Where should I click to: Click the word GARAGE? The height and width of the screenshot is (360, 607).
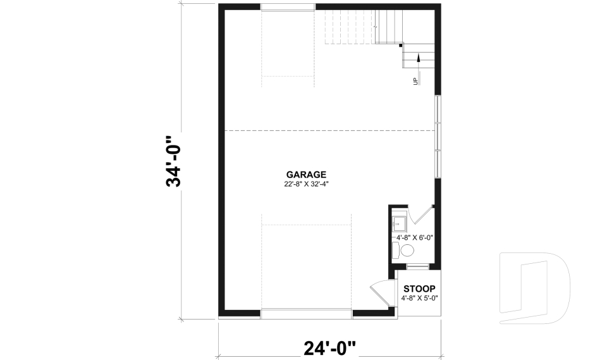[306, 175]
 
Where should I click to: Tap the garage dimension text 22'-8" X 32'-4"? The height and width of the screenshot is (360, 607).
[307, 184]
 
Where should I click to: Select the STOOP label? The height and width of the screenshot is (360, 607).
[419, 289]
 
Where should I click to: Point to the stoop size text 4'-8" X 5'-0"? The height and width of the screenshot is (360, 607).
[419, 297]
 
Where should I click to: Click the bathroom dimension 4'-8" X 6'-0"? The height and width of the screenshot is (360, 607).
[414, 237]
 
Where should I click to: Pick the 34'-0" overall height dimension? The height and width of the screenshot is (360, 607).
[173, 162]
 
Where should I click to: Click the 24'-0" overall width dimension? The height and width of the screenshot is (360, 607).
[329, 347]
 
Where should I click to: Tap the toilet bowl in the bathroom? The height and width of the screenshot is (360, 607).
[407, 250]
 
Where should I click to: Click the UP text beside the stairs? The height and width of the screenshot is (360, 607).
[415, 81]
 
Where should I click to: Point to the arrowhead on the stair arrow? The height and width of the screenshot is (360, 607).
[419, 58]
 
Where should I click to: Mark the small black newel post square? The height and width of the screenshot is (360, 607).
[401, 45]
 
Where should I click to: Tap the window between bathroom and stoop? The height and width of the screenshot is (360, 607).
[417, 265]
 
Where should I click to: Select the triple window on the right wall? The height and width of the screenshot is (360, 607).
[438, 137]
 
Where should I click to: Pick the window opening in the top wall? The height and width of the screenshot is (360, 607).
[288, 8]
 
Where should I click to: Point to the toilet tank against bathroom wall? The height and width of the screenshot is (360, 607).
[395, 250]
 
